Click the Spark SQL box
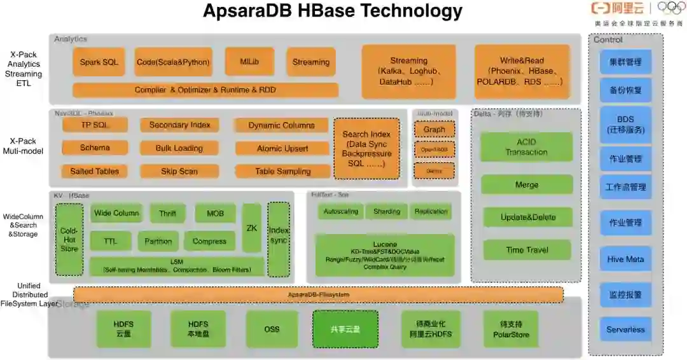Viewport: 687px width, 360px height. (99, 62)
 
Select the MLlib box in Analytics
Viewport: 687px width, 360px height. (249, 62)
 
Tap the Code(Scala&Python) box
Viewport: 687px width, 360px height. (173, 62)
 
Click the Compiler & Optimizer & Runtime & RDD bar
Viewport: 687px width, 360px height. (205, 90)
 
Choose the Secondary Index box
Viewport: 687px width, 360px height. (179, 125)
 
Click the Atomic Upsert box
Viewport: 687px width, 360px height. (282, 148)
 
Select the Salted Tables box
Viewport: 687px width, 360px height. (95, 171)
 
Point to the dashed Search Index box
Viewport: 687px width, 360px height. (366, 149)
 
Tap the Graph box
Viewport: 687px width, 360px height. (434, 130)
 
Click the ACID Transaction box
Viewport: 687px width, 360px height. (526, 147)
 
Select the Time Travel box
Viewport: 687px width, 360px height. (527, 250)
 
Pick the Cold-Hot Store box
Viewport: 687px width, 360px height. (69, 240)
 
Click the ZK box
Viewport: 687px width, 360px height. (252, 228)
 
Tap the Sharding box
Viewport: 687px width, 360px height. (387, 212)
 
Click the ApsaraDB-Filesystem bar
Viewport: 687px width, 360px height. (318, 295)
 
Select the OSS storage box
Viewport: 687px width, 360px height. (272, 329)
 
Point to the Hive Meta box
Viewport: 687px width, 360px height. (625, 260)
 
